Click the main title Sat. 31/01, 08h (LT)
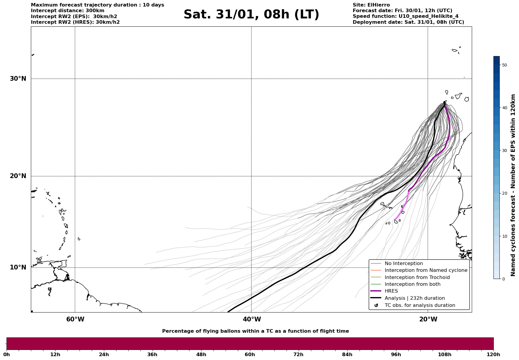tap(251, 15)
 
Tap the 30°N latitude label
tap(18, 79)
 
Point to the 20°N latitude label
tap(18, 176)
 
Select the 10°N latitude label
tap(18, 267)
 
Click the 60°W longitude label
tap(75, 319)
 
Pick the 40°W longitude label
tap(252, 319)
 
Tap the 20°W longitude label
tap(428, 319)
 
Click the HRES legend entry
tap(391, 291)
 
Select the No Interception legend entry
tap(404, 264)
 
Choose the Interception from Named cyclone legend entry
tap(426, 270)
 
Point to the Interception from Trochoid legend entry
tap(417, 277)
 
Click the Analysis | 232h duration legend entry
tap(414, 298)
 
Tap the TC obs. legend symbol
tap(376, 305)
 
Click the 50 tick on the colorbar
tap(504, 65)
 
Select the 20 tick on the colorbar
tap(504, 194)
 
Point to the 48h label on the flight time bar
tap(201, 355)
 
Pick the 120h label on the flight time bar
tap(493, 355)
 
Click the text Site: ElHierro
tap(371, 5)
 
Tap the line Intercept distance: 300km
tap(67, 11)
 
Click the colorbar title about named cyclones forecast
tap(513, 185)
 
